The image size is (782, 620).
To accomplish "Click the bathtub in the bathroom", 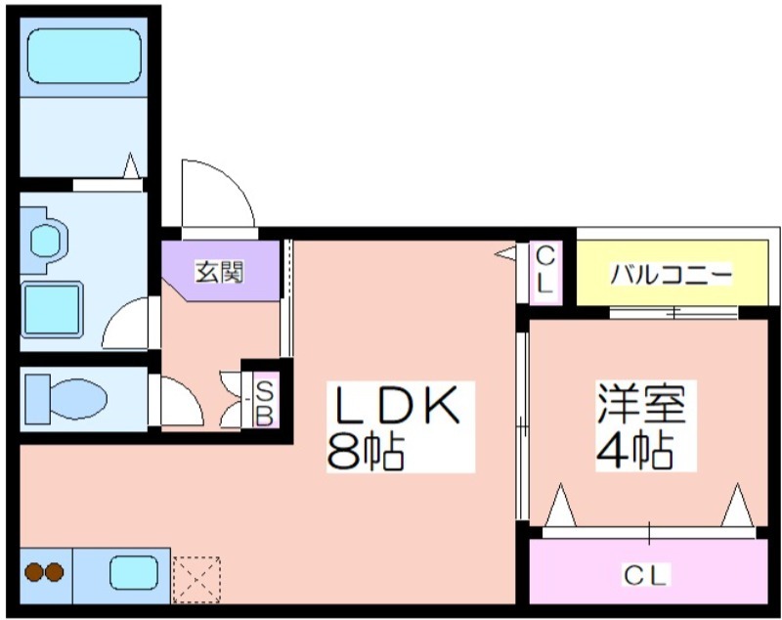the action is point(84,56).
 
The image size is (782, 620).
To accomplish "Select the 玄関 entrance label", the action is point(219,272).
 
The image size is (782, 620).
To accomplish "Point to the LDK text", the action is point(398,405).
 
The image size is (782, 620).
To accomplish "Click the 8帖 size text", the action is point(365,452).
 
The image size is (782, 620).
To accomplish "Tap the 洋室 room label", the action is point(641,404).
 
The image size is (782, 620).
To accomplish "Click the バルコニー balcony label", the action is point(672,275).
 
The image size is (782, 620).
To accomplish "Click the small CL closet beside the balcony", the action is point(545,272).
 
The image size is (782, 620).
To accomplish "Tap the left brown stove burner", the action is point(34,572).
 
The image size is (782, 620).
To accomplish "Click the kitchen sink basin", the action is point(134,573).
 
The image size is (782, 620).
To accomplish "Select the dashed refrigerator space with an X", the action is point(196,580).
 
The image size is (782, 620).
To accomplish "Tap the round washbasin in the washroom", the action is point(46,240).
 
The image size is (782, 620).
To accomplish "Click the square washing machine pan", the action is point(52,310).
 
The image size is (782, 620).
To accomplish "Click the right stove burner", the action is point(55,572).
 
